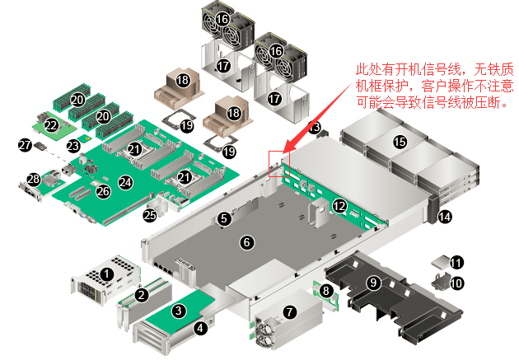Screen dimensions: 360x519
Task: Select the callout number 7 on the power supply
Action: click(x=289, y=311)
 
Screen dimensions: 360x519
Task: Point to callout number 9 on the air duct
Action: click(x=373, y=283)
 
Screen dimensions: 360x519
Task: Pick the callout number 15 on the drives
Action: click(x=400, y=142)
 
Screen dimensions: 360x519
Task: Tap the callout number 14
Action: click(x=445, y=217)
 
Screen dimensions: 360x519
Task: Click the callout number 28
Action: click(x=34, y=179)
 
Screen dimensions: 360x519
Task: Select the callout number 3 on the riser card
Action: click(x=179, y=311)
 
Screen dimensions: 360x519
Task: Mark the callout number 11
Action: click(x=456, y=263)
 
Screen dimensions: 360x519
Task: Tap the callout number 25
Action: click(x=150, y=216)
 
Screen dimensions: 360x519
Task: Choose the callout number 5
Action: click(x=224, y=218)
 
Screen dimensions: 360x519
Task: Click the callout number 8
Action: click(x=326, y=290)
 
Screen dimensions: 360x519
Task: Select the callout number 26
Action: click(x=103, y=191)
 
